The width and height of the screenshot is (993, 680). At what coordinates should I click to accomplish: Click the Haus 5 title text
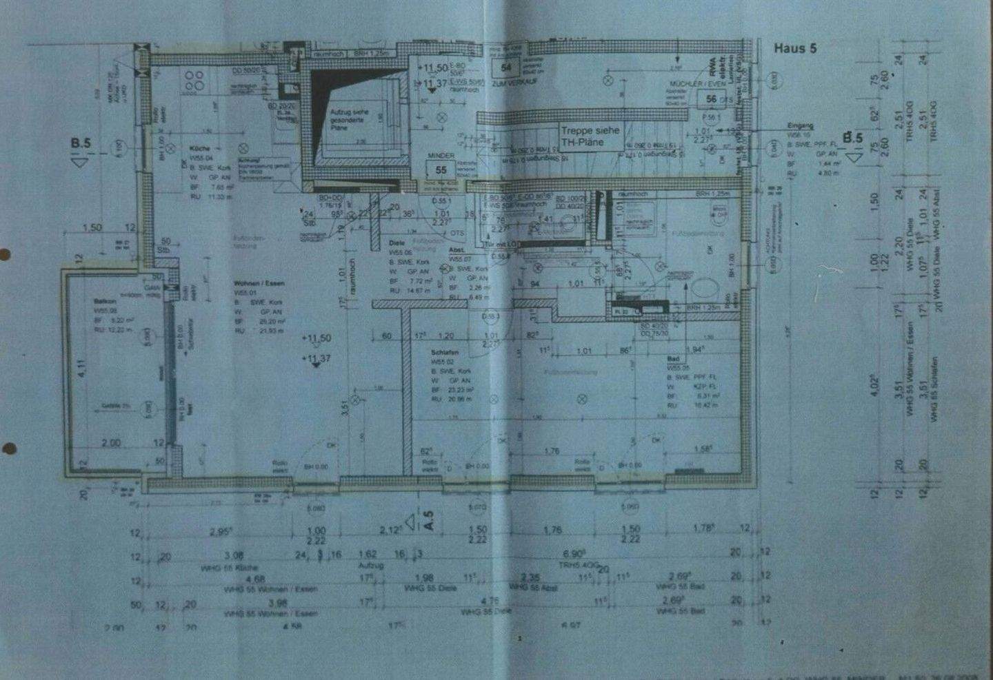(x=794, y=48)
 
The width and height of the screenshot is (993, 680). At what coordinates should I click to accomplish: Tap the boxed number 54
(x=507, y=68)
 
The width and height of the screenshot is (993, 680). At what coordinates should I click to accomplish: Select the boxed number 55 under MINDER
(x=441, y=169)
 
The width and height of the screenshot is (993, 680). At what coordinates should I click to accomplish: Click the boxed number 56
(x=711, y=99)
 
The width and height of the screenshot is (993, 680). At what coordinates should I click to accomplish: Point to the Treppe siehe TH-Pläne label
(x=590, y=136)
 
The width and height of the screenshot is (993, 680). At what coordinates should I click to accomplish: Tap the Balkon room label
(x=106, y=302)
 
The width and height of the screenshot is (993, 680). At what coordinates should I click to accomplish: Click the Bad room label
(x=673, y=360)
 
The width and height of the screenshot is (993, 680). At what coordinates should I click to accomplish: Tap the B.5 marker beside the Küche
(x=81, y=144)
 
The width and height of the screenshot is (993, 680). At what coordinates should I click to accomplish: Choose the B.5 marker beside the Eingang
(x=853, y=138)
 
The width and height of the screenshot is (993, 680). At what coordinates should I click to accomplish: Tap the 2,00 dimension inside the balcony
(x=110, y=443)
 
